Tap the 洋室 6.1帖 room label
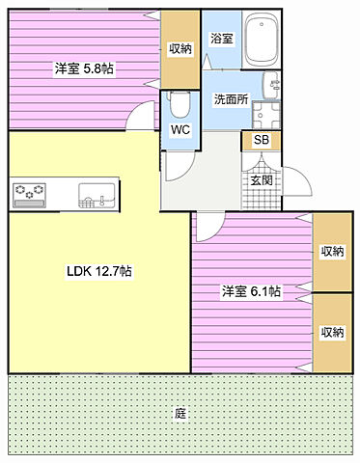(251, 290)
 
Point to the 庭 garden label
(180, 413)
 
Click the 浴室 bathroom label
(221, 39)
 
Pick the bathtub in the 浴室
(261, 41)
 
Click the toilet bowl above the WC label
(178, 102)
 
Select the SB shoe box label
(261, 141)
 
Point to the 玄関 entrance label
(261, 179)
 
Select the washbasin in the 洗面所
(263, 113)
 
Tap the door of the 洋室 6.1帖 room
(206, 227)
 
